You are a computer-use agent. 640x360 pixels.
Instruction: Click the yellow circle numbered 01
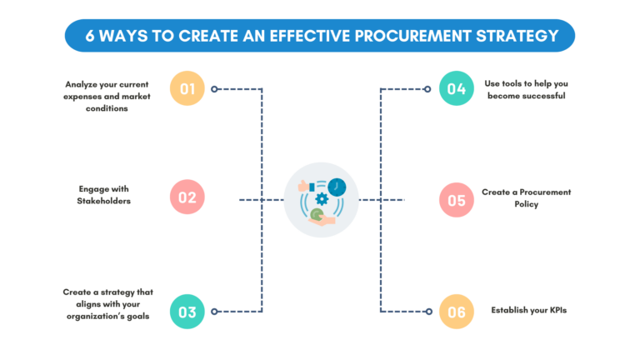pos(187,88)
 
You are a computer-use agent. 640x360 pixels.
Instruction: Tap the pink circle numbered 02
pos(187,197)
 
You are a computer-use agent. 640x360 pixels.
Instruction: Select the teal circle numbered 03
pos(187,312)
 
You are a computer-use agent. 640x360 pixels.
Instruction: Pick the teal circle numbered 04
pos(456,88)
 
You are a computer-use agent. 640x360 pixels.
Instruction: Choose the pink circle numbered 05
pos(456,200)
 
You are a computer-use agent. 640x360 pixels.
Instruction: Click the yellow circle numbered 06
pos(456,312)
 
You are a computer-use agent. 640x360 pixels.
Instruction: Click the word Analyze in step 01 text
pos(83,84)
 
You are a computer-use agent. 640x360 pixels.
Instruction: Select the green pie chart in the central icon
pos(316,215)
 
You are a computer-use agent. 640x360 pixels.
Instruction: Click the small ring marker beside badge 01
pos(214,88)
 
